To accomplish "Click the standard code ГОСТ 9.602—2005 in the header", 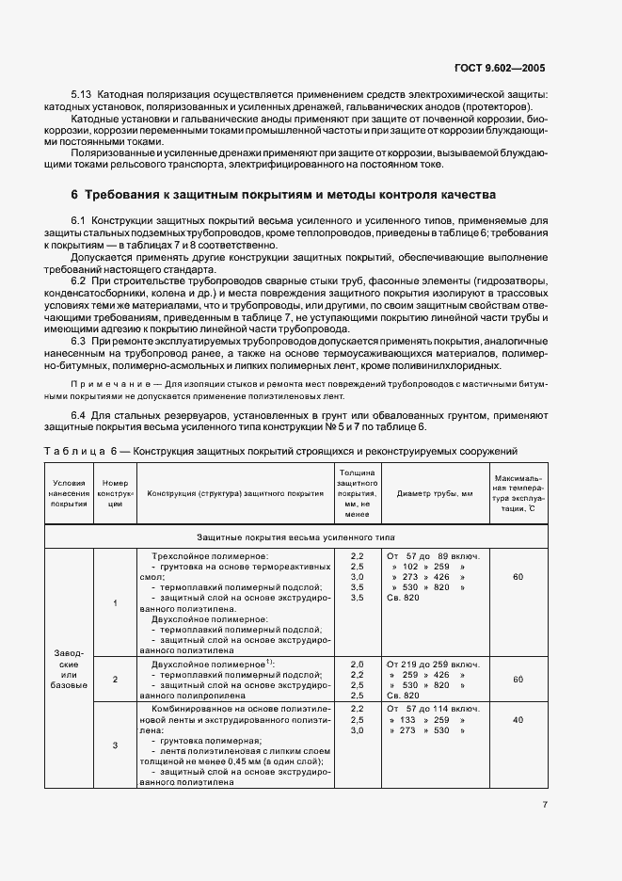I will pos(498,69).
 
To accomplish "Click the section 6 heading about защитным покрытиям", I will pos(291,195).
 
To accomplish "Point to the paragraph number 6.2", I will pos(80,281).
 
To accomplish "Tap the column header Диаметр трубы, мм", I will pos(434,493).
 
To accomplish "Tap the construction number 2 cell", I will pos(115,678).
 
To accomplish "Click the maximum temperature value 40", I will pos(518,719).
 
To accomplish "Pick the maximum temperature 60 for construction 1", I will pos(518,576).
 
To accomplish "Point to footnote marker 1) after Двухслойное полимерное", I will pos(269,662).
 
